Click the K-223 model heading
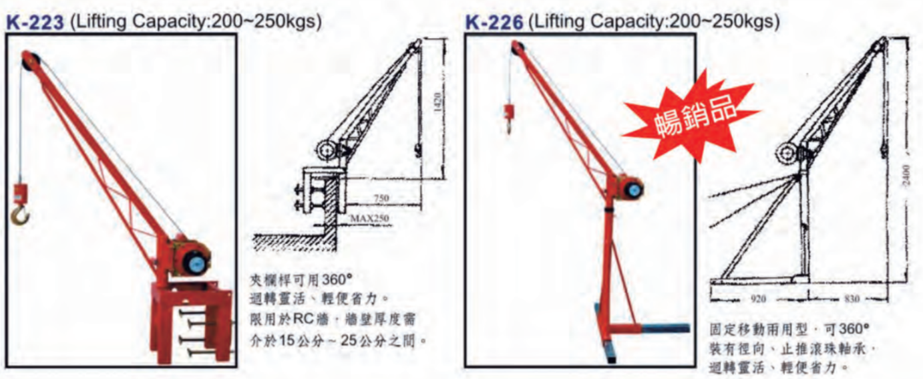35,23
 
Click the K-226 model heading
494,23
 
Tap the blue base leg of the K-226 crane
664,328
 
